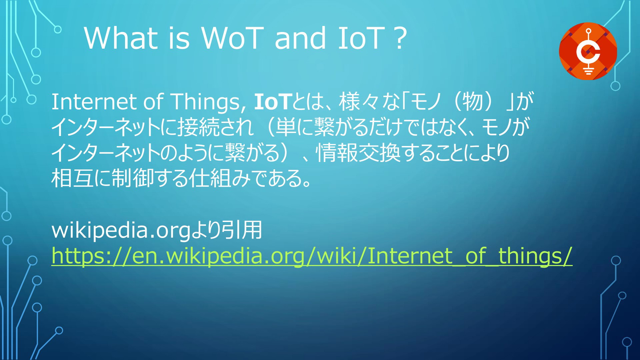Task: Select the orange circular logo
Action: coord(588,51)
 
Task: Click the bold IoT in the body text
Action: coord(273,102)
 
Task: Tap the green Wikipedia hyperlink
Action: coord(312,256)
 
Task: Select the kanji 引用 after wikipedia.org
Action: coord(242,230)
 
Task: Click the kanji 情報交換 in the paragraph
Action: coord(358,153)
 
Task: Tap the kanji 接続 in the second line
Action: coord(199,127)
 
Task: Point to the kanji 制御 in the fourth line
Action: coord(132,178)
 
